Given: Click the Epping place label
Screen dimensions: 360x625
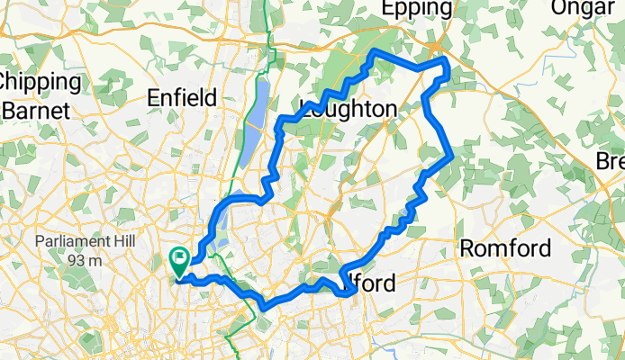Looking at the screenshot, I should pos(416,9).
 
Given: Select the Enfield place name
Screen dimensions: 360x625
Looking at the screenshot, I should pos(186,97).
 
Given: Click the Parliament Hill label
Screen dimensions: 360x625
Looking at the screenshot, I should pos(79,243).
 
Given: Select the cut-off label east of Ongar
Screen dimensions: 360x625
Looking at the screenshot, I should pos(611,161).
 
